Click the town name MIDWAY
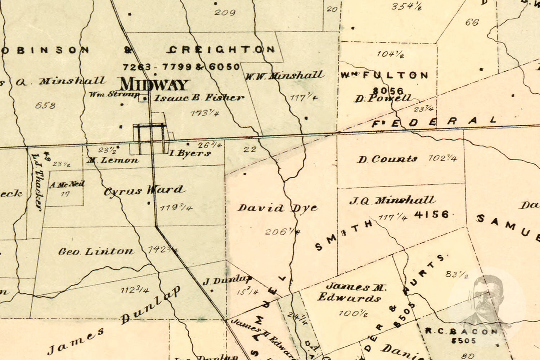[154, 85]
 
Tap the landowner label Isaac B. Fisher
[199, 98]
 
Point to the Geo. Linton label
[96, 251]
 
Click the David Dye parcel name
[278, 208]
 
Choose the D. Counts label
[387, 159]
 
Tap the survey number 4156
[432, 215]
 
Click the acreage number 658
[45, 105]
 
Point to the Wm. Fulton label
[384, 75]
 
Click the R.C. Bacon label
[461, 331]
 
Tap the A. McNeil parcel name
[67, 185]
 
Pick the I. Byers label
[190, 153]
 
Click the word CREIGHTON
[222, 50]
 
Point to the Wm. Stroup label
[114, 95]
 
